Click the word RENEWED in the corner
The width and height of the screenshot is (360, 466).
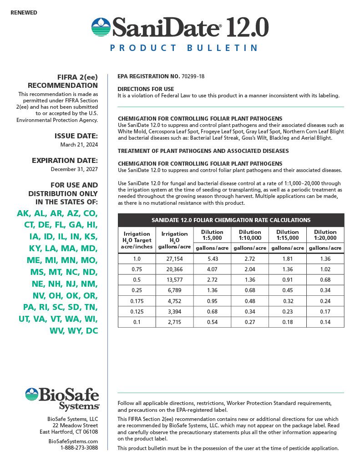point(24,13)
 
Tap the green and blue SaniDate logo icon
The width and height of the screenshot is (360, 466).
point(101,27)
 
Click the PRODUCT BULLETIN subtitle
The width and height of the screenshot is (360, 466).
point(184,48)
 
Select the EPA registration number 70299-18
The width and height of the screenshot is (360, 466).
point(193,76)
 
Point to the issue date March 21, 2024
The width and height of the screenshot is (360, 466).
point(79,145)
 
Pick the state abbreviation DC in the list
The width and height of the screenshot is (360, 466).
point(92,331)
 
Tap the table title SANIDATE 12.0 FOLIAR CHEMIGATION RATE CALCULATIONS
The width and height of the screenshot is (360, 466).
point(231,220)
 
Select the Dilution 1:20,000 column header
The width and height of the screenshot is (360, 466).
point(325,235)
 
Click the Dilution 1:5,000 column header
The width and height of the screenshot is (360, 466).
point(212,235)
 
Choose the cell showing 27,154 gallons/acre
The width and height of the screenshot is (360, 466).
point(174,258)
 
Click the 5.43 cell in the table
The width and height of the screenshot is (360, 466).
point(212,258)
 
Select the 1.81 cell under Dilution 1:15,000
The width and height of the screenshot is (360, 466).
point(287,258)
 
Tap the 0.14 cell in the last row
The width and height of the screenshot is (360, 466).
point(325,322)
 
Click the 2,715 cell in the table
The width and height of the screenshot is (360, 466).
point(174,322)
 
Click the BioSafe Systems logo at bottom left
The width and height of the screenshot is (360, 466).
point(62,399)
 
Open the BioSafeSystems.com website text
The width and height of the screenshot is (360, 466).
point(73,441)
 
